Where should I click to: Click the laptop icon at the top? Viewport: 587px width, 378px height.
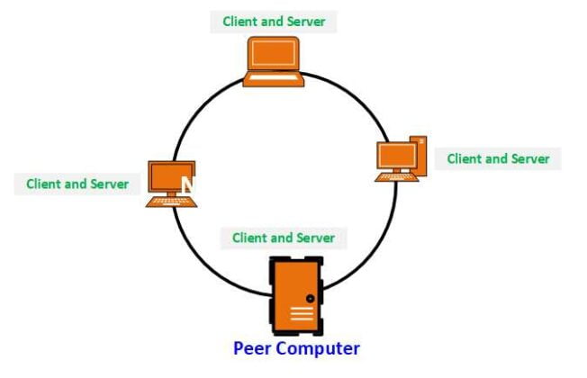pos(273,61)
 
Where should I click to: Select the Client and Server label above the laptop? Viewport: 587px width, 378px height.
pos(273,21)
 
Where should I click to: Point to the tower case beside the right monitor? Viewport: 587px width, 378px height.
pos(419,153)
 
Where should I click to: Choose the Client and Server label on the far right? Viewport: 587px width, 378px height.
pos(498,158)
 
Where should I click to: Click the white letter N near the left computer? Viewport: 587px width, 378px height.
pos(188,185)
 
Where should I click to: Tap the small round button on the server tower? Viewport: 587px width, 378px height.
pos(311,298)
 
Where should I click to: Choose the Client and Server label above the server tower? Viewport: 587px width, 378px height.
pos(283,238)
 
